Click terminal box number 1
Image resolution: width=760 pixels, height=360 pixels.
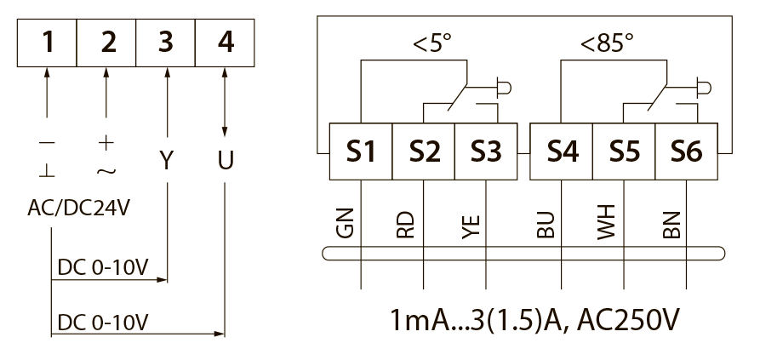click(x=47, y=43)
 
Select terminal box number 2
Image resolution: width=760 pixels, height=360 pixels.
click(x=106, y=43)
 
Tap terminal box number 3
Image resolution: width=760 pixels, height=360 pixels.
click(x=166, y=43)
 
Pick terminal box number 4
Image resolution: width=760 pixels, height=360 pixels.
click(x=225, y=43)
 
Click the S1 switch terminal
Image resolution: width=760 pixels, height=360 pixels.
click(x=361, y=151)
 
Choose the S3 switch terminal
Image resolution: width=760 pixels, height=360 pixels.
click(x=486, y=151)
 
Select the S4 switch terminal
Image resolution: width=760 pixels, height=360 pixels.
click(x=561, y=151)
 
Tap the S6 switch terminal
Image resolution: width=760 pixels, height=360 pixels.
click(x=686, y=151)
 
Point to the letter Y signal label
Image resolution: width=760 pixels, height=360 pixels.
click(x=166, y=160)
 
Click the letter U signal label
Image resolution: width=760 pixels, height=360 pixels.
click(x=226, y=160)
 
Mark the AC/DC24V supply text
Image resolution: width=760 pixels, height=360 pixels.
click(x=79, y=209)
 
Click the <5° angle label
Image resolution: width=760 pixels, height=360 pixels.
click(x=431, y=43)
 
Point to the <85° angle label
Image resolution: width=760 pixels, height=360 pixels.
click(x=607, y=43)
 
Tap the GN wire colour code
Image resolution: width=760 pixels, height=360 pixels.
click(x=345, y=223)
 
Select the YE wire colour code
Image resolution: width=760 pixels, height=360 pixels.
click(x=471, y=226)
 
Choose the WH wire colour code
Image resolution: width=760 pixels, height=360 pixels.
click(x=606, y=222)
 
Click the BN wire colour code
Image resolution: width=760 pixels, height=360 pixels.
click(x=671, y=225)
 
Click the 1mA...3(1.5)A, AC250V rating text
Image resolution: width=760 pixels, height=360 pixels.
click(x=534, y=320)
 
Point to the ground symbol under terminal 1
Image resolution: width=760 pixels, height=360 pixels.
click(x=47, y=170)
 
